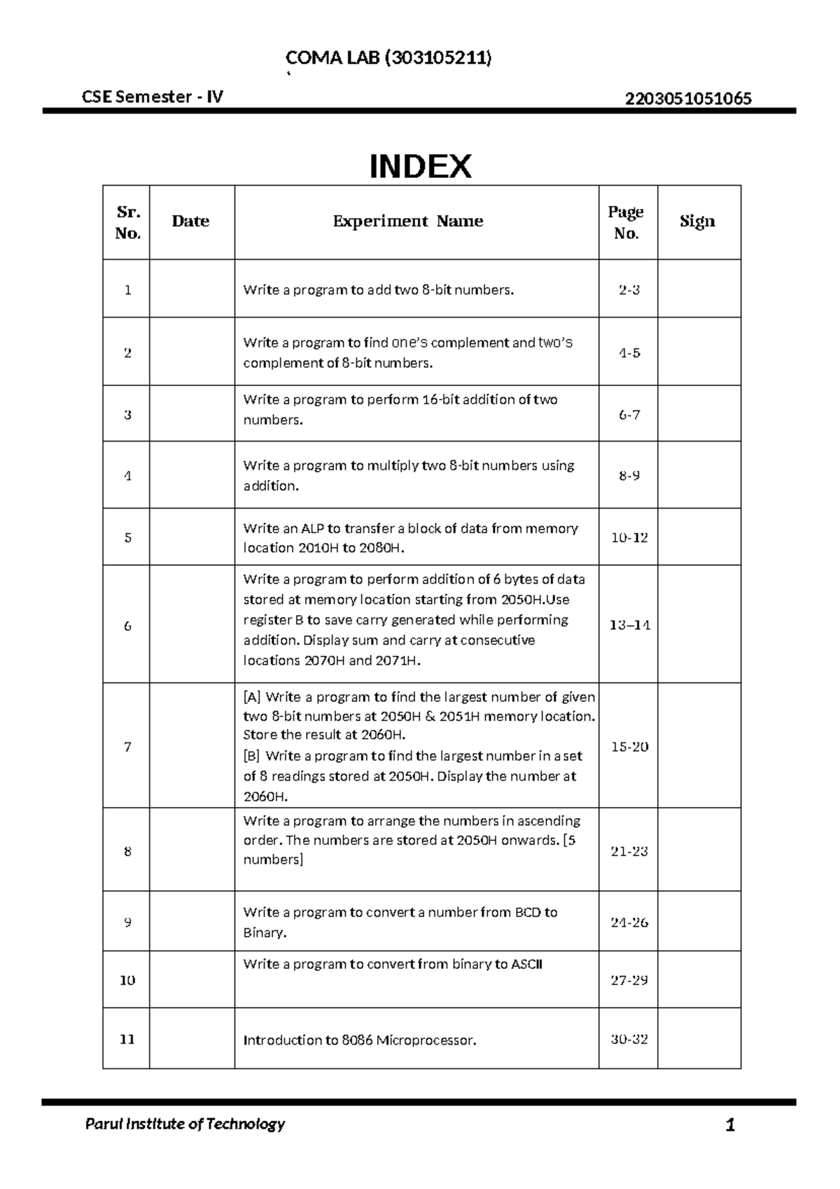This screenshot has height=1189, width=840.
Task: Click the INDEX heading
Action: pos(420,167)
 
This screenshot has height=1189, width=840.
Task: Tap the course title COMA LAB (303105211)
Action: pos(388,58)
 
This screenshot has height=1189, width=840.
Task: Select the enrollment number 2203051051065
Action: pos(688,98)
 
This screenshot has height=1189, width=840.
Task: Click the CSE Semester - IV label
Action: pos(153,97)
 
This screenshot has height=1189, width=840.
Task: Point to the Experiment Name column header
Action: pos(408,221)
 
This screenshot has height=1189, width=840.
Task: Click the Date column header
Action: pos(190,221)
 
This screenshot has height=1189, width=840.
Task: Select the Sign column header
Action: pos(697,221)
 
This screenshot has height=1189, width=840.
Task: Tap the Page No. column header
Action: pos(626,222)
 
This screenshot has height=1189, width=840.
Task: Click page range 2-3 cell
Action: pos(629,290)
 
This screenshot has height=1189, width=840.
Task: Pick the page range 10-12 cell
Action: pos(629,538)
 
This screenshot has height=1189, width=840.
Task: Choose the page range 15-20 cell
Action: pos(629,747)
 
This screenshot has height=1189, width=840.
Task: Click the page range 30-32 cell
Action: pos(629,1039)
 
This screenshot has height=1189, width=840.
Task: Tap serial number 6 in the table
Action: pos(127,626)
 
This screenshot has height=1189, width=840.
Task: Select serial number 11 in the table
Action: pos(127,1039)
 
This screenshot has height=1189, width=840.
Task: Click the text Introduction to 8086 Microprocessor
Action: pos(360,1040)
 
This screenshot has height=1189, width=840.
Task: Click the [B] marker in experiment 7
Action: pos(251,756)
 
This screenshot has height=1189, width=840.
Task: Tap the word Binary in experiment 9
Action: pos(264,933)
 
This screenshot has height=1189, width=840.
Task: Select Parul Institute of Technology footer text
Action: pos(185,1125)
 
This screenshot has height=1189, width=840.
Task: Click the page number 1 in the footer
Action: pos(730,1126)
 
